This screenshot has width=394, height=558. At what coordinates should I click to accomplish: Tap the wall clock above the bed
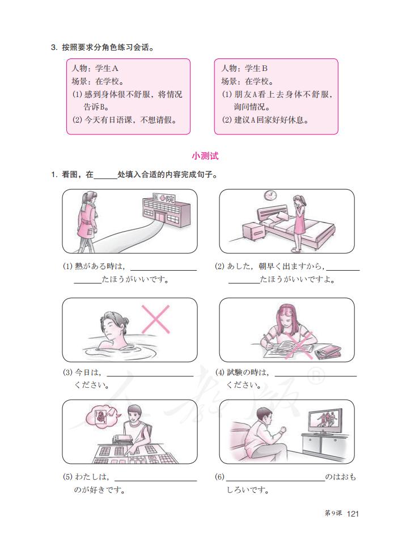[270, 196]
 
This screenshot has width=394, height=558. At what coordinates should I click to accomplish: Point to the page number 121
[353, 514]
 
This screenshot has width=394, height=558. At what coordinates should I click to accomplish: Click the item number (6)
[220, 477]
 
